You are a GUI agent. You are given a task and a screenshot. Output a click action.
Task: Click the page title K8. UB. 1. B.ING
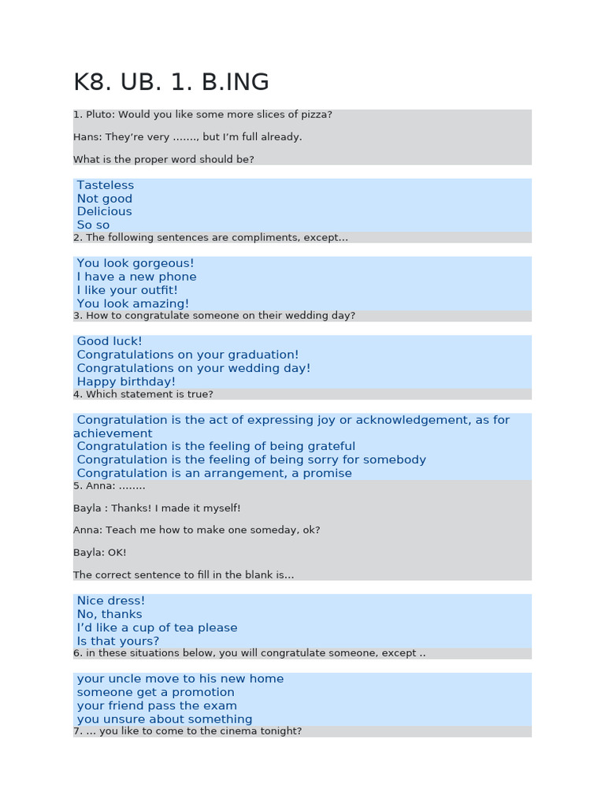click(171, 82)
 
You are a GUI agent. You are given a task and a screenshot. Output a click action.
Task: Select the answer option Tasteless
click(106, 185)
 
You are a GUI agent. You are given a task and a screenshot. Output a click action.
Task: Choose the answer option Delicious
click(104, 211)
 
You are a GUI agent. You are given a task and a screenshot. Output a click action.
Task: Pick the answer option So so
click(93, 225)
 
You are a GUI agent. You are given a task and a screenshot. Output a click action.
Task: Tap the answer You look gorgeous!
click(135, 263)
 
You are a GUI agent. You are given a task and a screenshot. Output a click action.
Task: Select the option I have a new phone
click(136, 277)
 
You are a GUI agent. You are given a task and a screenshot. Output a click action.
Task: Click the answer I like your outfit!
click(128, 290)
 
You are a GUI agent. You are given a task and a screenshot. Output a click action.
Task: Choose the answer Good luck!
click(109, 341)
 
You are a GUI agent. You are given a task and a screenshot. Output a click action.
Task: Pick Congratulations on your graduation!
click(187, 355)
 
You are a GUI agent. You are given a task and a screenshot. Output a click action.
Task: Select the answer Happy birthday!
click(126, 381)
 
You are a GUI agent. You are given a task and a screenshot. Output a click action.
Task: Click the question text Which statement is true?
click(149, 394)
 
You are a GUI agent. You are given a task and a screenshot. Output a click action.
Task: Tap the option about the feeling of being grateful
click(216, 446)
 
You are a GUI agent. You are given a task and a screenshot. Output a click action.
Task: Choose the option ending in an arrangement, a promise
click(214, 473)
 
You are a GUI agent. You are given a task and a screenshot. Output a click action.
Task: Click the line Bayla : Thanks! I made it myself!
click(157, 508)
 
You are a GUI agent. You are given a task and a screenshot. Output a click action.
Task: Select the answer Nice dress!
click(111, 601)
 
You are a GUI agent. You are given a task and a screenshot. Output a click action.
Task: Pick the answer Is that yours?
click(117, 641)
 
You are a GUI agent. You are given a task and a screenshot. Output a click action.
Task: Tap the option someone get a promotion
click(155, 692)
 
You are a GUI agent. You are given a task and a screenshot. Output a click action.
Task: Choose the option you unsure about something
click(165, 719)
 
